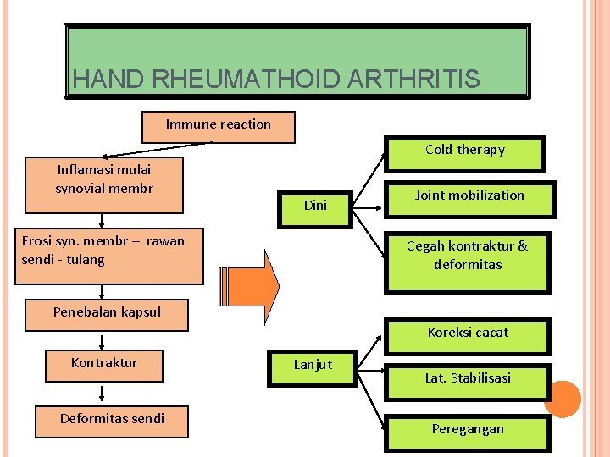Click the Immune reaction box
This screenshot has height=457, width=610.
[219, 126]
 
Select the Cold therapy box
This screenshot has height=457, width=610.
[465, 151]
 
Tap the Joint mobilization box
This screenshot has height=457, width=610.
[469, 197]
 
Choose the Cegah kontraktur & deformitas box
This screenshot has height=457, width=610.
[467, 256]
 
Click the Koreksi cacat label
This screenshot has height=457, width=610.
[468, 333]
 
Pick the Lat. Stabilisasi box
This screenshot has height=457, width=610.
[468, 379]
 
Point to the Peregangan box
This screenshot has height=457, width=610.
[468, 430]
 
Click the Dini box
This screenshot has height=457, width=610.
[315, 205]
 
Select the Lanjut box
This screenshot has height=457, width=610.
[313, 366]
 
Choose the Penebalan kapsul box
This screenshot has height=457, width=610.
[107, 313]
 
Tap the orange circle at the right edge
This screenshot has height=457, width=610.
[562, 399]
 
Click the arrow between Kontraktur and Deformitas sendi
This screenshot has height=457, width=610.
[103, 394]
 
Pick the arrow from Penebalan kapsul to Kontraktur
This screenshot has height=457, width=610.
[103, 340]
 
